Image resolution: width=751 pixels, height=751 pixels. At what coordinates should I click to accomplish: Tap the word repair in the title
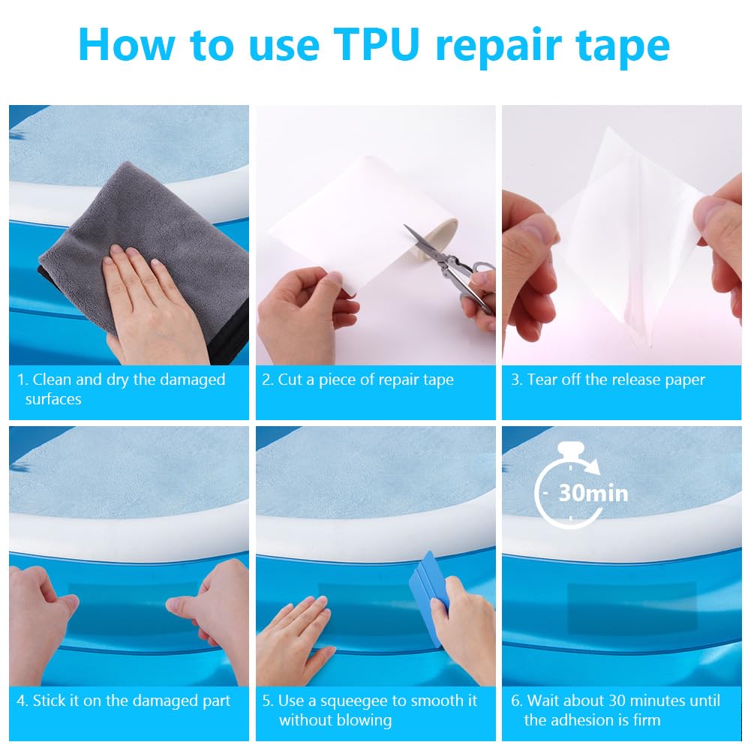(498, 47)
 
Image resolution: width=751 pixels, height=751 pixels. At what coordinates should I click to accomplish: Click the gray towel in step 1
(144, 254)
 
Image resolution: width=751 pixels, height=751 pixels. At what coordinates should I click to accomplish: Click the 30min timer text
(593, 494)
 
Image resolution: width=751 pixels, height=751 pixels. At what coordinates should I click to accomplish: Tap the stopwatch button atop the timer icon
(571, 449)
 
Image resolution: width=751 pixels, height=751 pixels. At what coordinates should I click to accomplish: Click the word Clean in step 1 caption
(52, 380)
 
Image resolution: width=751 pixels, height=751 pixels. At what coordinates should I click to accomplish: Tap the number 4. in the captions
(22, 701)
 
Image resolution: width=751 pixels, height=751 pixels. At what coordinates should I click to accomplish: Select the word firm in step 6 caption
(647, 720)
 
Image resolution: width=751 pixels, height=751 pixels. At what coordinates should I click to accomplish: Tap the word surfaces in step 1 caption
(53, 399)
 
